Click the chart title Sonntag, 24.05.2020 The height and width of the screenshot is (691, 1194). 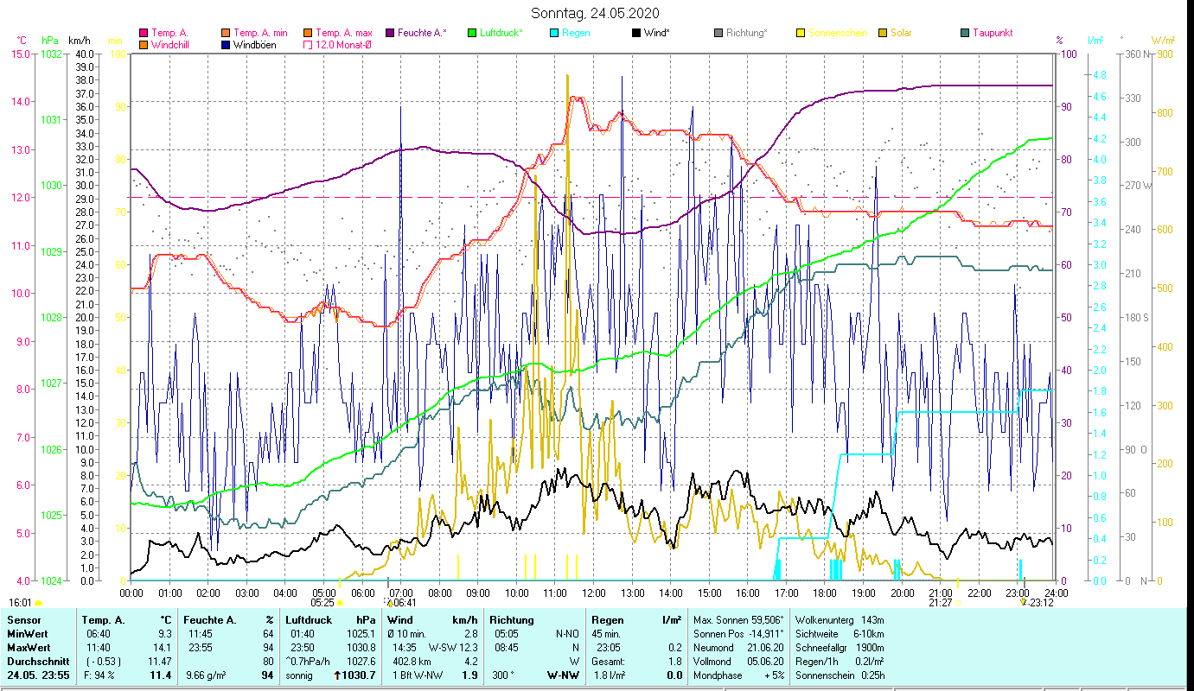coord(596,13)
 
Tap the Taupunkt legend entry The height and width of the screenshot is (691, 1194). coord(992,33)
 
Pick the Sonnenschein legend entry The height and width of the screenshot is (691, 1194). coord(836,33)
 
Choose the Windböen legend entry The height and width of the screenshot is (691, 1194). coord(255,45)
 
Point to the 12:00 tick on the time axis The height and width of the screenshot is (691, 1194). coord(594,593)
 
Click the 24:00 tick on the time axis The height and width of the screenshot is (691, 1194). coord(1052,593)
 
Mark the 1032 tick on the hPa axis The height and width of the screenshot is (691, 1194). coord(51,54)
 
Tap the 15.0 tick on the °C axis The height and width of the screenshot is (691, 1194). coord(19,54)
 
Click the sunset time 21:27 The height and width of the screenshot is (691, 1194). coord(940,603)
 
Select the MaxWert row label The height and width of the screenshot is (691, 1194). coord(29,647)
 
